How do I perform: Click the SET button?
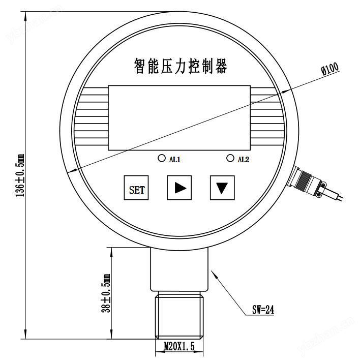pos(136,188)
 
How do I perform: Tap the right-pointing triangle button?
pos(179,188)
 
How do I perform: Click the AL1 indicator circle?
pos(162,158)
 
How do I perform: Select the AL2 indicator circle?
pos(230,158)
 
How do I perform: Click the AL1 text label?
pos(174,160)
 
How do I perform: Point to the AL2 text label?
pos(244,160)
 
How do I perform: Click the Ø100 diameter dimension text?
pos(330,69)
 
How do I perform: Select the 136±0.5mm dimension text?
pos(20,175)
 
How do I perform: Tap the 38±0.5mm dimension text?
pos(106,293)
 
